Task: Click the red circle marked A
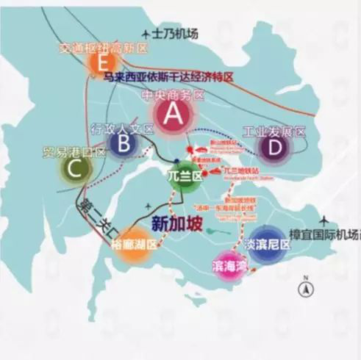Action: click(x=171, y=114)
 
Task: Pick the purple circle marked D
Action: click(x=274, y=147)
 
